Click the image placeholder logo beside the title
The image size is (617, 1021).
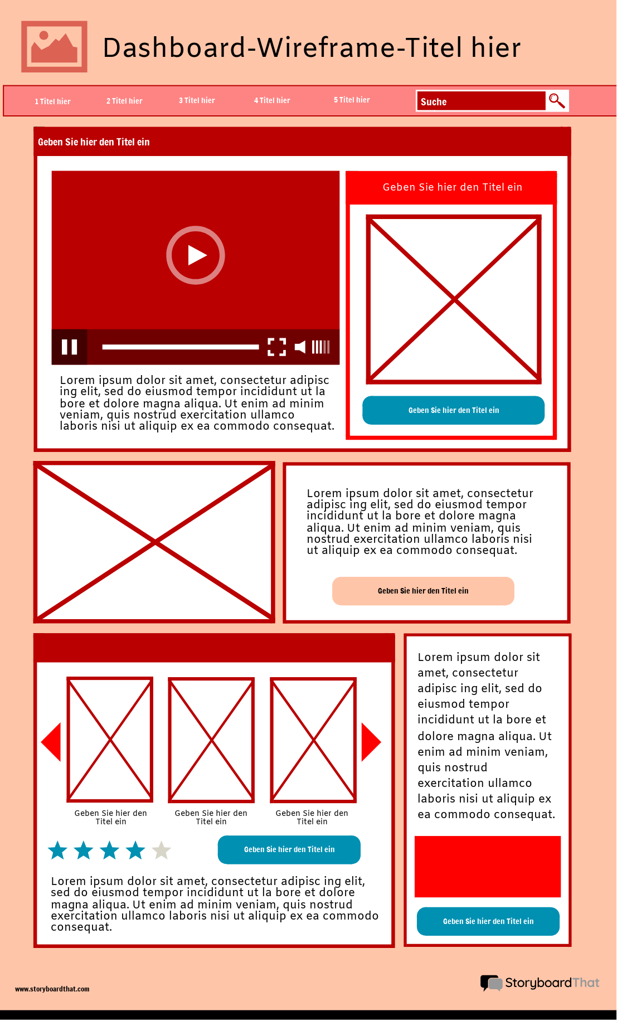[54, 47]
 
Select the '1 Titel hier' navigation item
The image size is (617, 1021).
[52, 101]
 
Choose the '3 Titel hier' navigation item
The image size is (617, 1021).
[196, 100]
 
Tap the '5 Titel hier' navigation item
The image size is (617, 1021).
[351, 100]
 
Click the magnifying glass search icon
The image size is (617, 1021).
[557, 101]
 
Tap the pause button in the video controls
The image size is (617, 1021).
[69, 347]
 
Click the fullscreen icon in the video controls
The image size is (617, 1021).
[276, 347]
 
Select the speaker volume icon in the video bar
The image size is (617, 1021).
[300, 347]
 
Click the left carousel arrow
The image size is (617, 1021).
[51, 742]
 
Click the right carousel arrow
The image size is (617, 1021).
[371, 742]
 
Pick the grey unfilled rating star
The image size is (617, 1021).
[161, 850]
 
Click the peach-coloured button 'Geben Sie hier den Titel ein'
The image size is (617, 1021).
[422, 591]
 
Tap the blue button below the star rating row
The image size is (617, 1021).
[289, 849]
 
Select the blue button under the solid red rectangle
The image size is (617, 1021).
[488, 921]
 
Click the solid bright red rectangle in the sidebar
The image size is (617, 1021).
[487, 866]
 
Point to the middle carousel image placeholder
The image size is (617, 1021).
[211, 740]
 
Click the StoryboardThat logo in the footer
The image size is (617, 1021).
[540, 983]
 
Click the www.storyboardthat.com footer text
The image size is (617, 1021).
[52, 989]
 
